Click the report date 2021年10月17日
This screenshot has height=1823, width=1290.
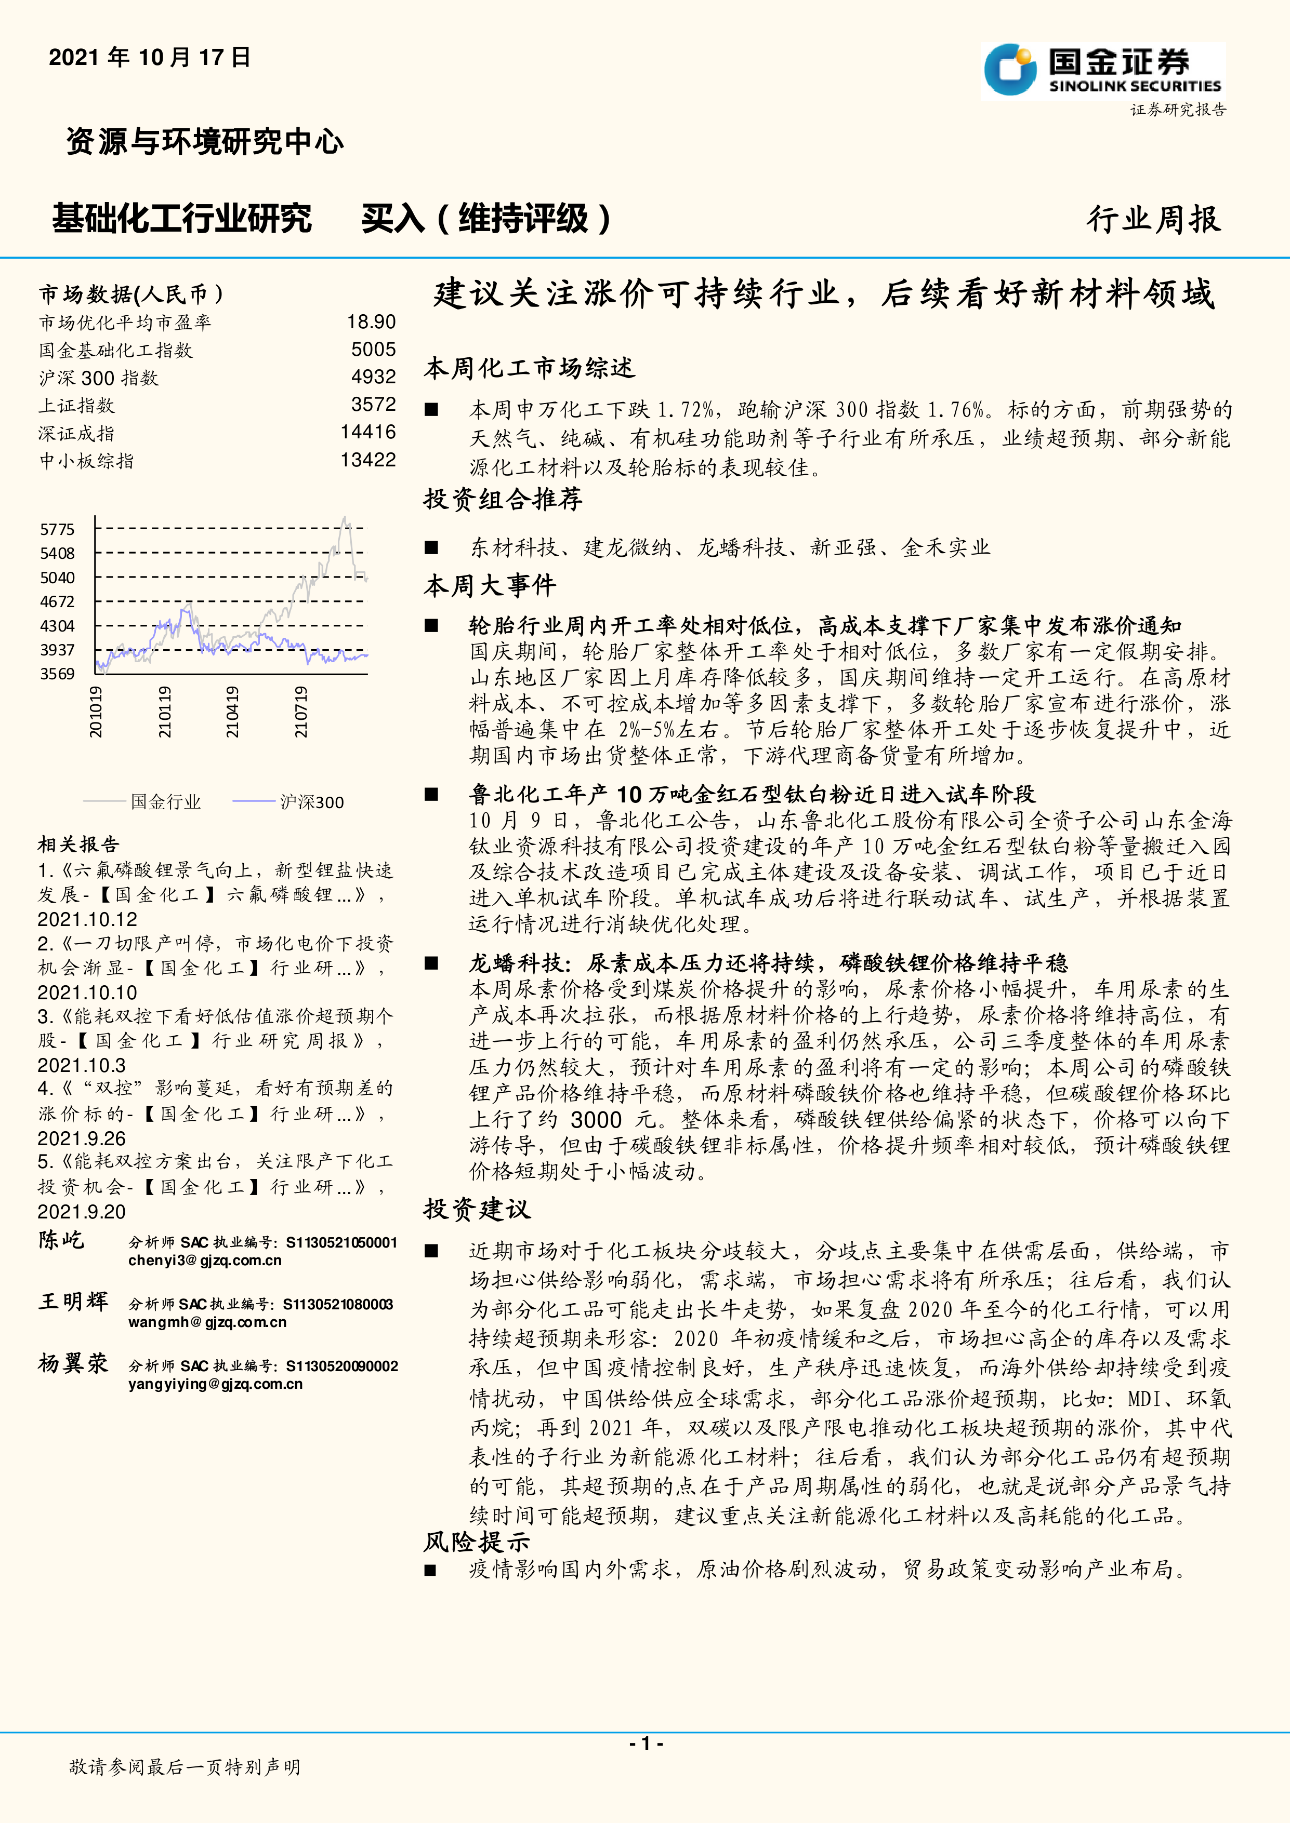[149, 57]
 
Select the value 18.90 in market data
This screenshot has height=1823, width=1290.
[371, 321]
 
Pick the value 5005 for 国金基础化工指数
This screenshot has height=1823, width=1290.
[373, 350]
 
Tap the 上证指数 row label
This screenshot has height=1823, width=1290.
[77, 406]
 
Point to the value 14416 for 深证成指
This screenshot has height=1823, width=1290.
[368, 432]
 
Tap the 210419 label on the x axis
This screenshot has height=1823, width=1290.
[232, 712]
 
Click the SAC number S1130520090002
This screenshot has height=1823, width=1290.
[341, 1365]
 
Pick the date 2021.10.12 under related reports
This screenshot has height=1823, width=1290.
[87, 919]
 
